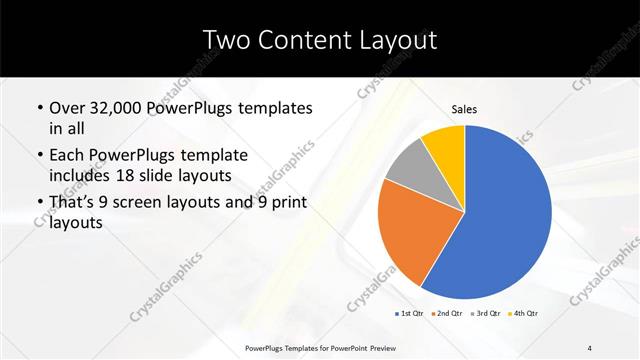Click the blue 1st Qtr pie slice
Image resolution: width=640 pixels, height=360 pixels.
505,215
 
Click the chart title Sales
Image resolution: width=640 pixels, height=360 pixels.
463,108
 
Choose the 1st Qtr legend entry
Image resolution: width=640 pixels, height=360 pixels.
410,314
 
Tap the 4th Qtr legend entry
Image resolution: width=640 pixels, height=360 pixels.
526,314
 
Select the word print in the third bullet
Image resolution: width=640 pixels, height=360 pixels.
280,203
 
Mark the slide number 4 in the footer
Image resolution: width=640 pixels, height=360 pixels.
590,347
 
